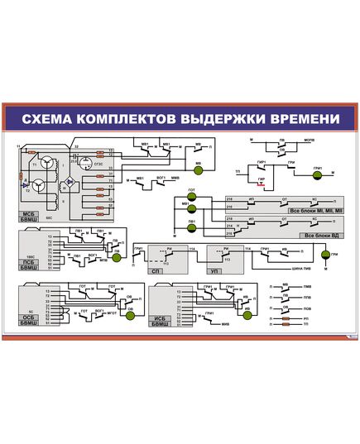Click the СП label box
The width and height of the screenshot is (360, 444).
point(156,270)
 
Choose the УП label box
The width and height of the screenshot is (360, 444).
point(214,270)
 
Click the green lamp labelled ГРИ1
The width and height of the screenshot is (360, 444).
point(317,174)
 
